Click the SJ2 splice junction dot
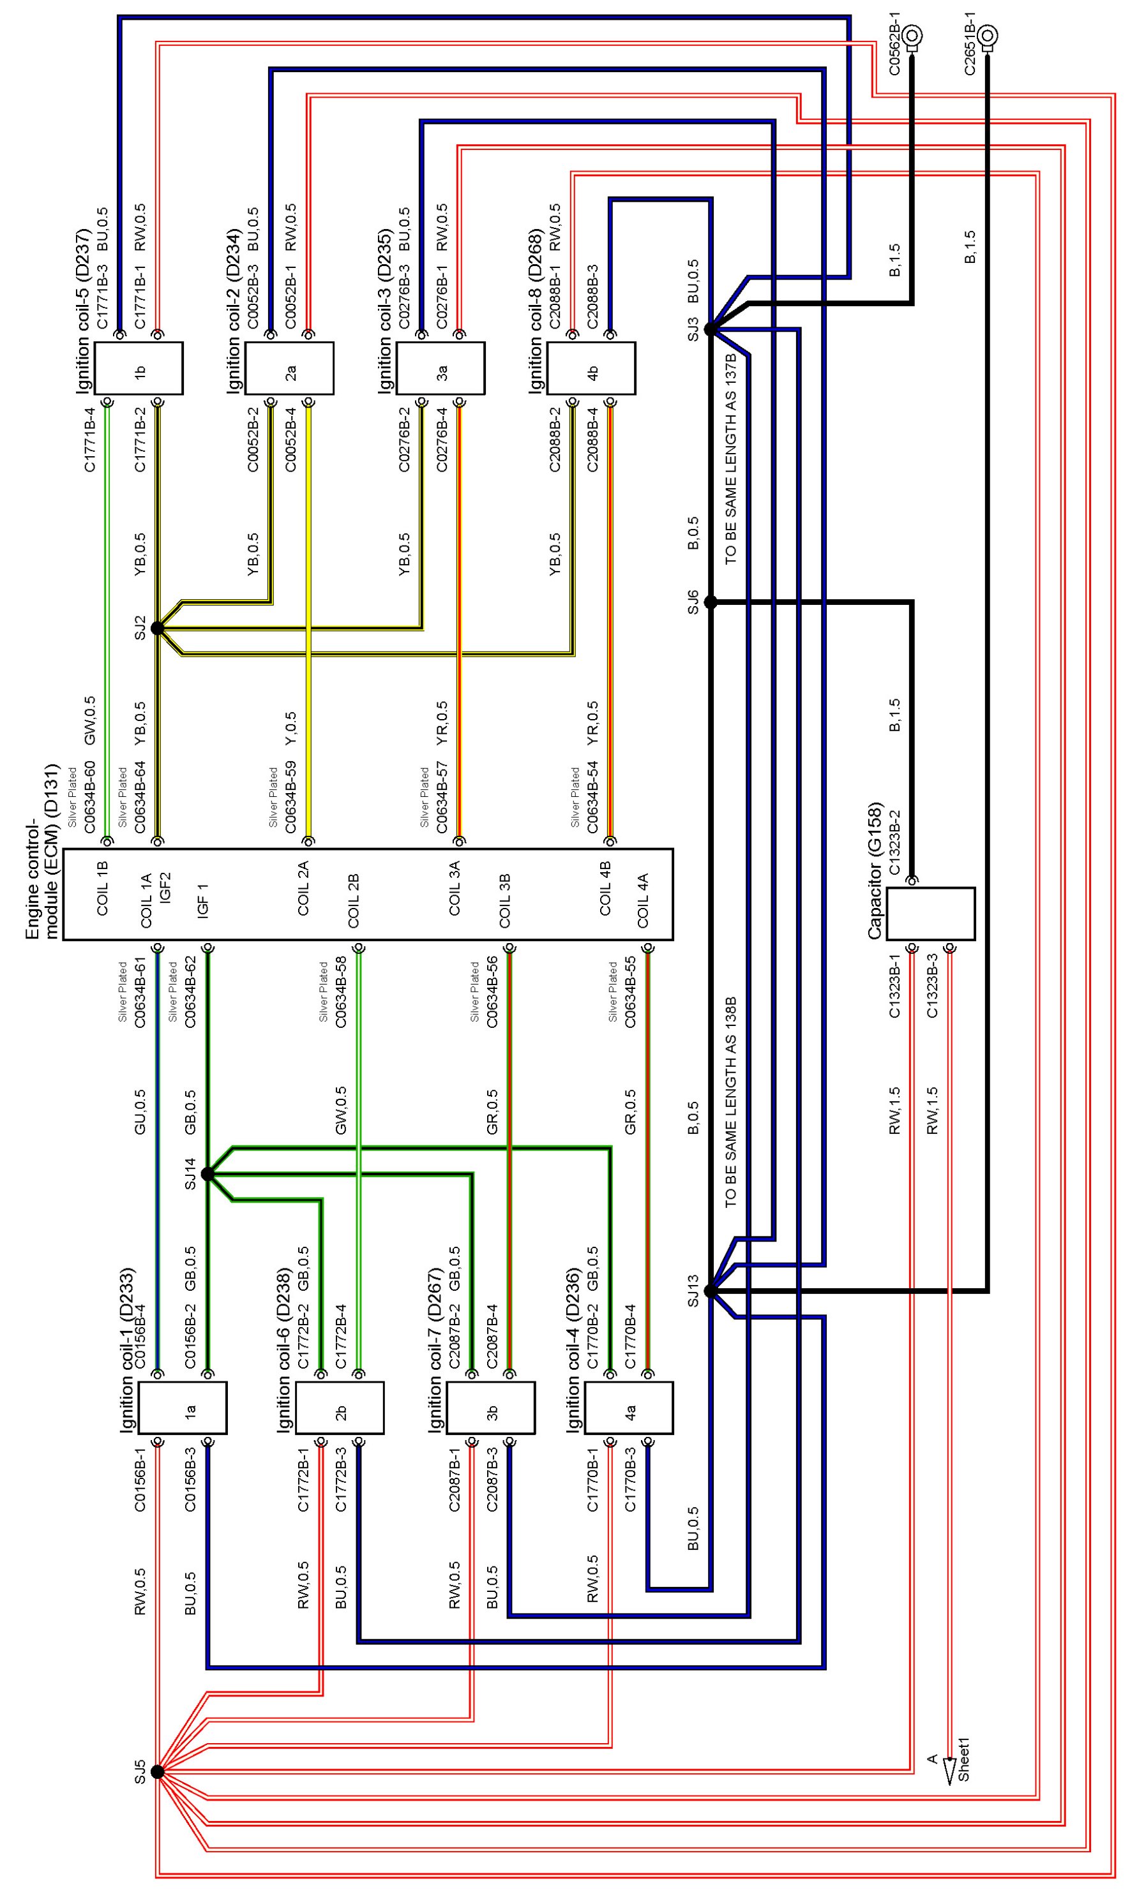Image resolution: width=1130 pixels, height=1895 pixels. pyautogui.click(x=157, y=628)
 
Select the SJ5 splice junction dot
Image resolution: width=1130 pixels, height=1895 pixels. pyautogui.click(x=157, y=1772)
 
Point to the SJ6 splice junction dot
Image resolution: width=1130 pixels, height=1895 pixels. pyautogui.click(x=711, y=602)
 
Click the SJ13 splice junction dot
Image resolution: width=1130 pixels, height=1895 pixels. pyautogui.click(x=711, y=1291)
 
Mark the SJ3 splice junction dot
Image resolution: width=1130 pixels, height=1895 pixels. pyautogui.click(x=711, y=329)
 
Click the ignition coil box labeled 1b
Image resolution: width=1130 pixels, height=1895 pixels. pyautogui.click(x=139, y=368)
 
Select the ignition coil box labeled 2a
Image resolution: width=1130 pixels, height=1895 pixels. pyautogui.click(x=289, y=368)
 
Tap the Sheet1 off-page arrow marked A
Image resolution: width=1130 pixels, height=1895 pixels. pyautogui.click(x=949, y=1771)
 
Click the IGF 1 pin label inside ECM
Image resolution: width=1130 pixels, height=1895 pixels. pyautogui.click(x=202, y=900)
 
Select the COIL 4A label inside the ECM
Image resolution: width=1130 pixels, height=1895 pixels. pyautogui.click(x=644, y=901)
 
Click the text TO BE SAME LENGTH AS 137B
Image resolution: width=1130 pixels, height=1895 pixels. pyautogui.click(x=731, y=458)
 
